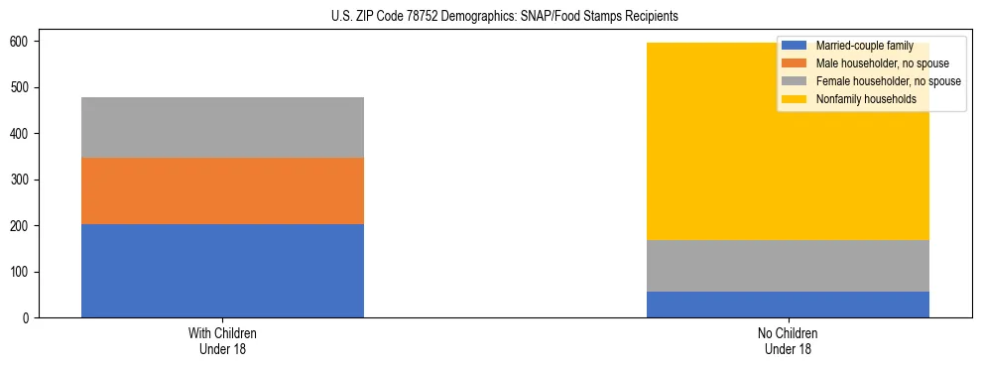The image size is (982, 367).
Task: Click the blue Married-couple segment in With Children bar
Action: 222,271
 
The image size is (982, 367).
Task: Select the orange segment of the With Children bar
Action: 222,190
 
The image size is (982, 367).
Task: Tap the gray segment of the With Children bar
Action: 222,127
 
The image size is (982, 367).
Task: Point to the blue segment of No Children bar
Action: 788,305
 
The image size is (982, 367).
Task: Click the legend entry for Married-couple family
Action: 864,46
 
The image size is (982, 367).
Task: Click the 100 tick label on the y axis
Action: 22,272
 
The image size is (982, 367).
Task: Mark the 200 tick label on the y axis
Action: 22,226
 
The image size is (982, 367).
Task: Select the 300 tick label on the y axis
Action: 22,180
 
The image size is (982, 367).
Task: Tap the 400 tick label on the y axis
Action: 22,134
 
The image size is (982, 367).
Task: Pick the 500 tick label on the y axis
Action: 22,88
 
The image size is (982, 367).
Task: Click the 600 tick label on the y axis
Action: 22,42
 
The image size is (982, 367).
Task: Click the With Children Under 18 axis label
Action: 222,340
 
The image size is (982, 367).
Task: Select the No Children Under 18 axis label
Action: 788,340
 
